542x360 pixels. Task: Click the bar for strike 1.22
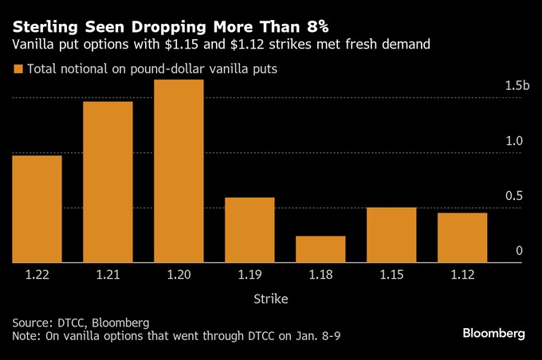pyautogui.click(x=37, y=209)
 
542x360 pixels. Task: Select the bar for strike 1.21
pyautogui.click(x=108, y=182)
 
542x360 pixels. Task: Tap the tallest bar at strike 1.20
pyautogui.click(x=179, y=171)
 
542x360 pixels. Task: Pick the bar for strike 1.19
pyautogui.click(x=249, y=230)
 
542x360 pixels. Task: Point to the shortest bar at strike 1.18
pyautogui.click(x=320, y=249)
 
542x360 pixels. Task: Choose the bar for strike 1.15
pyautogui.click(x=391, y=235)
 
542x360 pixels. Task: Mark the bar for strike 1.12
pyautogui.click(x=462, y=237)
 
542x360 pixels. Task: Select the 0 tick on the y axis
pyautogui.click(x=519, y=251)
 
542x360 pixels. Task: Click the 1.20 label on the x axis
pyautogui.click(x=179, y=275)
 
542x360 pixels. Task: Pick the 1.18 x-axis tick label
pyautogui.click(x=320, y=275)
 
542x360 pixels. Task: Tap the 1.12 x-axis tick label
pyautogui.click(x=462, y=275)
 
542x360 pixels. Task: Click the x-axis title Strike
pyautogui.click(x=271, y=299)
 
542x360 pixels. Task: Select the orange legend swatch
pyautogui.click(x=18, y=69)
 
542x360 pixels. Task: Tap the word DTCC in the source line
pyautogui.click(x=73, y=323)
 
